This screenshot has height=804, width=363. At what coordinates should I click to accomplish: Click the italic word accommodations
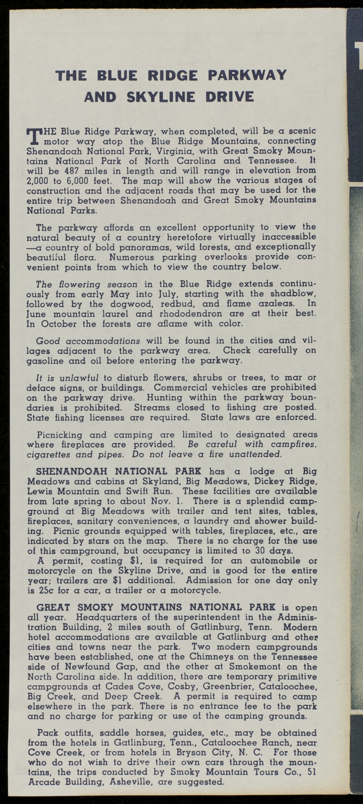pos(103,340)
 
